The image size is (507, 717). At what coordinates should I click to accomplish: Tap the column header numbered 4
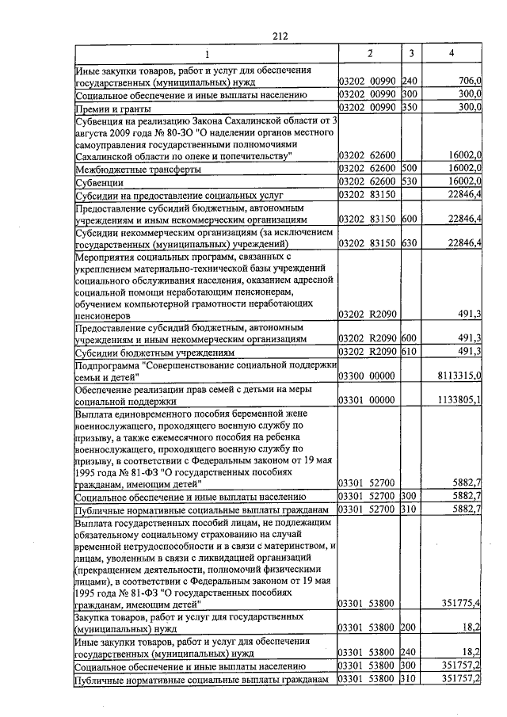point(451,53)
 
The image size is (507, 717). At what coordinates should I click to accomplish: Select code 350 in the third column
point(410,108)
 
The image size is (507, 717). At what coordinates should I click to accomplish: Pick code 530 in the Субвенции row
point(410,182)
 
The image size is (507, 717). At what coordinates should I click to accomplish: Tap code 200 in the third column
point(410,628)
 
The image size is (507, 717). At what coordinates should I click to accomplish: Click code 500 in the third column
point(410,170)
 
